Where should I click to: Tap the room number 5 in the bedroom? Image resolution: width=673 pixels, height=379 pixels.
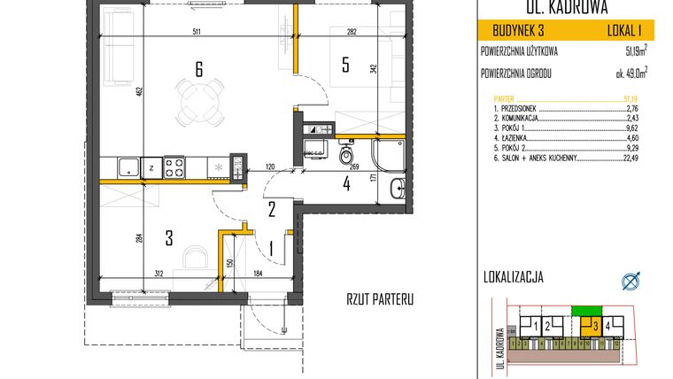coord(347,64)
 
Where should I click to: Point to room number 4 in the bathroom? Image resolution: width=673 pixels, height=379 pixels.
coord(347,185)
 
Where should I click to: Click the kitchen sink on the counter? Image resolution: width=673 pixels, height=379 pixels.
coord(128,165)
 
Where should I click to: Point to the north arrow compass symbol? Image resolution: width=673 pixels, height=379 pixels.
coord(631,282)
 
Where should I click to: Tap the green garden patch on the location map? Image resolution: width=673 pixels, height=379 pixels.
coord(585,311)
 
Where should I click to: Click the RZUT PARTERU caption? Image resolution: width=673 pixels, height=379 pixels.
coord(380,299)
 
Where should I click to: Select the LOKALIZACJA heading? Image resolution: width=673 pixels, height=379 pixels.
coord(514,276)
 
